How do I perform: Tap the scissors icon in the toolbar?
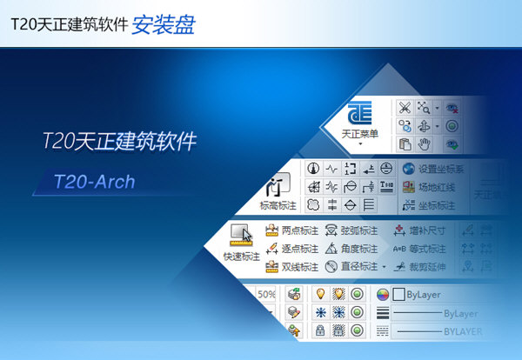(405, 108)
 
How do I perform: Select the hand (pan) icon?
(425, 144)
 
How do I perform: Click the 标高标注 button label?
(278, 205)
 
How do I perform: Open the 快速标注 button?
(241, 257)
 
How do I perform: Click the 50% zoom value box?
(266, 295)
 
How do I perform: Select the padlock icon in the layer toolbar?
(320, 330)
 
